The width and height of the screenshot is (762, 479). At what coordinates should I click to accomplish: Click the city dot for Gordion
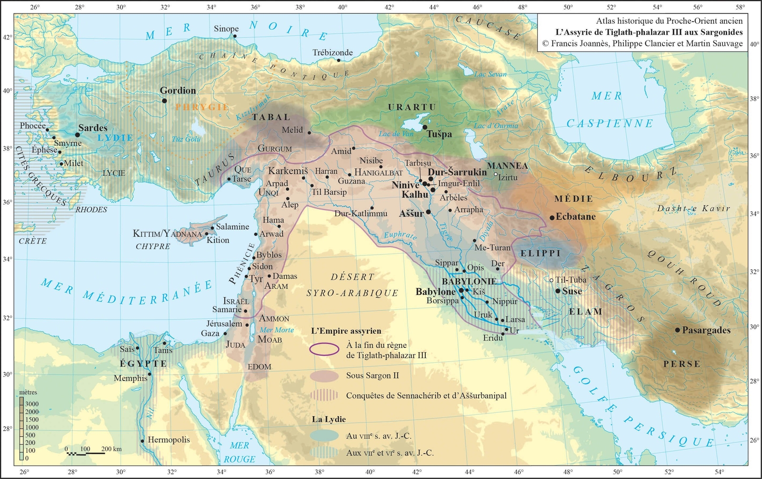tap(164, 101)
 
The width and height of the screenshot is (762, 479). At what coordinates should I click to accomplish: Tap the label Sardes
tap(93, 128)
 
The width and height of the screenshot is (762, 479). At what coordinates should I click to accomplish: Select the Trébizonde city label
tap(332, 52)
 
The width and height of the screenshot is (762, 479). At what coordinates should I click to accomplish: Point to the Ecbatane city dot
tap(552, 217)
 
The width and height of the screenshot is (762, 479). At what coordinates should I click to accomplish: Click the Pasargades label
tap(706, 330)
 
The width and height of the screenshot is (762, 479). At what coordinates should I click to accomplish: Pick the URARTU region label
tap(412, 107)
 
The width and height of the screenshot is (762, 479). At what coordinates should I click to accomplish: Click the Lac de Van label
tap(396, 134)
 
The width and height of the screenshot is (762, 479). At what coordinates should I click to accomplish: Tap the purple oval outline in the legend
tap(324, 349)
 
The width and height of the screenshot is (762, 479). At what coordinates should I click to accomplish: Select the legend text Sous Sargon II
tap(372, 376)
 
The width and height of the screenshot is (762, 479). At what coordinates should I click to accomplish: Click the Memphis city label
tap(130, 378)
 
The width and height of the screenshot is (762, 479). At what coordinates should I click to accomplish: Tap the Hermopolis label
tap(169, 440)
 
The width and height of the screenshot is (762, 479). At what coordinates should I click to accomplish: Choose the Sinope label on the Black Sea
tap(226, 29)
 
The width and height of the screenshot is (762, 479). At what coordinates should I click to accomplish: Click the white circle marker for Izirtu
tap(496, 174)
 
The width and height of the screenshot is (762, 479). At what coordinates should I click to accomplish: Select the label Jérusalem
tap(224, 324)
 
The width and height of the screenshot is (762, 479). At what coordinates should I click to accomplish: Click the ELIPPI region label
tap(541, 253)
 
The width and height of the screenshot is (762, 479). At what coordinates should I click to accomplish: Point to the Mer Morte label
tap(277, 330)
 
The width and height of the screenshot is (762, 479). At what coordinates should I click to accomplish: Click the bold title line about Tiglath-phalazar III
tap(649, 32)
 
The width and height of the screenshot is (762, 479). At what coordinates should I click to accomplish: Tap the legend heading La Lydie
tap(329, 419)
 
